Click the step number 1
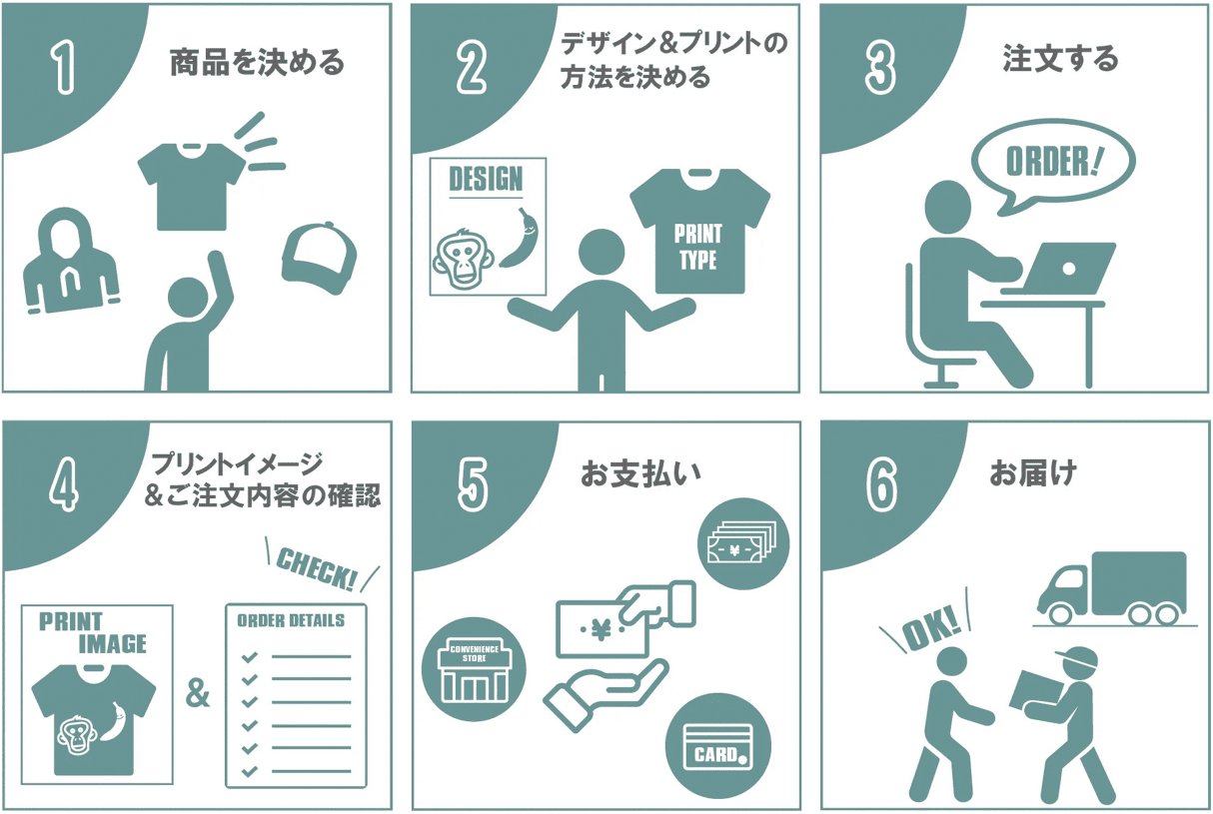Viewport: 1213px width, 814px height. click(63, 69)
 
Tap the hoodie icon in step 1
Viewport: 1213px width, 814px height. click(70, 261)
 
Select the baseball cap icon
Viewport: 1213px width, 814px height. click(320, 258)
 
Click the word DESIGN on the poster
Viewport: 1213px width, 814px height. click(486, 179)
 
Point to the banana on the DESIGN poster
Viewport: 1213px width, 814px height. click(521, 238)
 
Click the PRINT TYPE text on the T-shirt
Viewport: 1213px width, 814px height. click(698, 248)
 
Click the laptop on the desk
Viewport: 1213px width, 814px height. click(1059, 269)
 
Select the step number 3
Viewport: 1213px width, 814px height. click(880, 69)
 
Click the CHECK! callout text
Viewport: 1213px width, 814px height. click(318, 568)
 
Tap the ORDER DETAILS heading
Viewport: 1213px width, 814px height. click(291, 620)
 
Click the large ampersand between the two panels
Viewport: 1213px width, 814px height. click(198, 693)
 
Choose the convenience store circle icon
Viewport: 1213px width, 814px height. click(474, 669)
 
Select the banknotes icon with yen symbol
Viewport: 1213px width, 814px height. click(743, 543)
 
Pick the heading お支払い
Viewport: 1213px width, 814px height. click(640, 473)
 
